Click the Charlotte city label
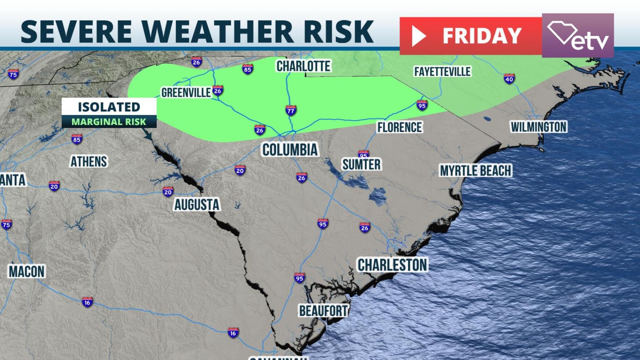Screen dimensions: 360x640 [303, 66]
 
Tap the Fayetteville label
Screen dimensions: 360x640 [442, 72]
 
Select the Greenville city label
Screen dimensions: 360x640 [186, 93]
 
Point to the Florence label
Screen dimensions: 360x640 [399, 127]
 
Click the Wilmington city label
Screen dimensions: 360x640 [539, 127]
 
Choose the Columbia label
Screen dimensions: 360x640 [290, 150]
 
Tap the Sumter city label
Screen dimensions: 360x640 [361, 164]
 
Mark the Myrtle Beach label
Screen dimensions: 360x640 [476, 171]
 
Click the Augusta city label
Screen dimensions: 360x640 [197, 205]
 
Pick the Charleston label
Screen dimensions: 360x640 [392, 265]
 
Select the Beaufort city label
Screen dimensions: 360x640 [323, 311]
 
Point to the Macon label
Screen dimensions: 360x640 [27, 272]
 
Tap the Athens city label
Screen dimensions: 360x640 [89, 162]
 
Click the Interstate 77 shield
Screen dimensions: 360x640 [291, 110]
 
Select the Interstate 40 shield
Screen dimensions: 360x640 [509, 79]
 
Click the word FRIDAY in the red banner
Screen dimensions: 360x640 [482, 36]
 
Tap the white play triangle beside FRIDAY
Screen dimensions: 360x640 [418, 36]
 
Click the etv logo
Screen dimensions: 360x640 [578, 36]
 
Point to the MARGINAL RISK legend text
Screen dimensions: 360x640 [109, 122]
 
